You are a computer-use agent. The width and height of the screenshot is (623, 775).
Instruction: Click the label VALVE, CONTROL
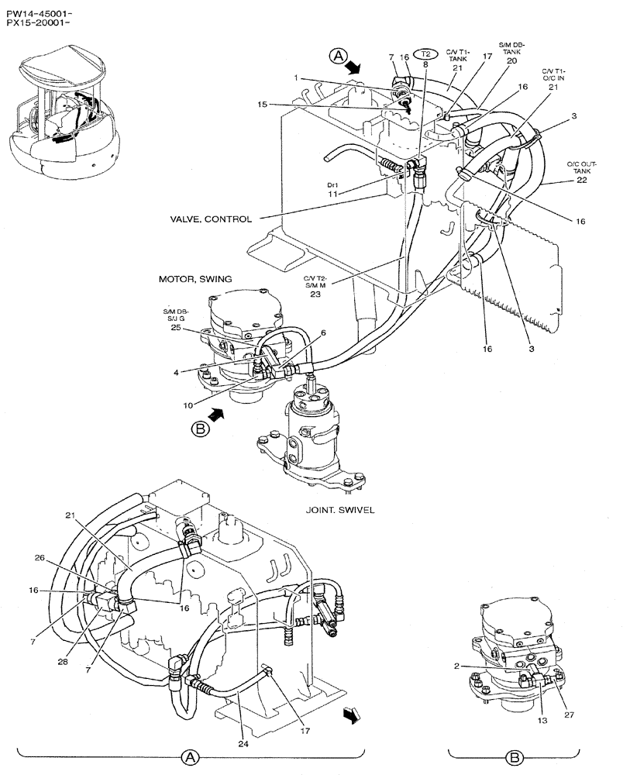[211, 219]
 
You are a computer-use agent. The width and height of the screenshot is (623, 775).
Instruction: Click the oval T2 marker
[426, 53]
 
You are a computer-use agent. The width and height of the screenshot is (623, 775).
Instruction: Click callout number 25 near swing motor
[175, 328]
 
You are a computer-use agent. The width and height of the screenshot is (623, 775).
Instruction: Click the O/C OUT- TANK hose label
[581, 167]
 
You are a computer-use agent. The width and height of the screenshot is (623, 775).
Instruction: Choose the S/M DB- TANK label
[511, 52]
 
